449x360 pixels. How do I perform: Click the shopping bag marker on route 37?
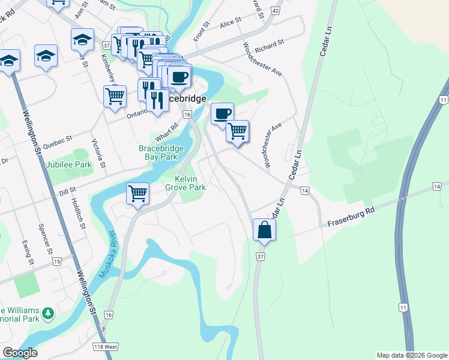[264, 230]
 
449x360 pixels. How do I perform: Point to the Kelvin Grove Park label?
[185, 183]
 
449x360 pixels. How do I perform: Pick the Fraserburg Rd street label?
[351, 218]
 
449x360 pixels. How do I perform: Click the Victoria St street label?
[98, 153]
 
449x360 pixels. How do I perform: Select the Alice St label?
[231, 21]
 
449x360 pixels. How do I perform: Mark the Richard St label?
[268, 46]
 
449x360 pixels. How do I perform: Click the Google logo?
[20, 353]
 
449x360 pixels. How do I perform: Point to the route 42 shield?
[275, 11]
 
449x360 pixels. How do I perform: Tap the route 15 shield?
[56, 261]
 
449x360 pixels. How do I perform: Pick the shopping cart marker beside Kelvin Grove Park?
[138, 194]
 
